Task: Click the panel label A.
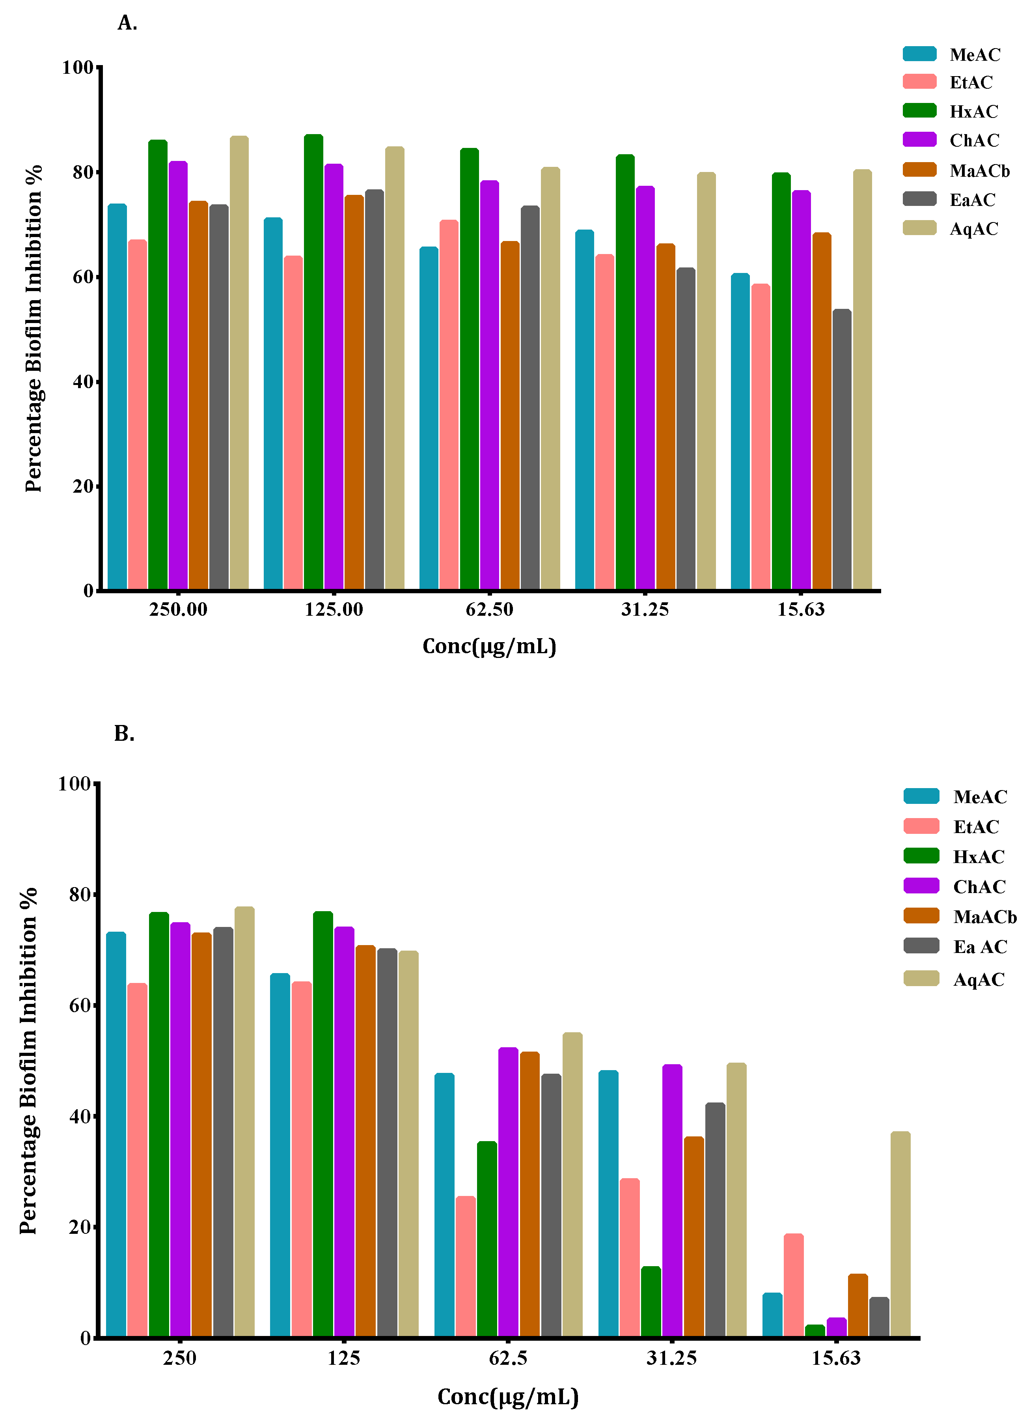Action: click(x=127, y=23)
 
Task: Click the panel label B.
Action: click(x=124, y=733)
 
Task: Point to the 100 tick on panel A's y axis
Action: click(x=77, y=67)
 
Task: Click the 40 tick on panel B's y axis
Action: click(x=80, y=1117)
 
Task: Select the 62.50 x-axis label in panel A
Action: click(x=489, y=609)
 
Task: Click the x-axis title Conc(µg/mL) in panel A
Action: click(x=489, y=646)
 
